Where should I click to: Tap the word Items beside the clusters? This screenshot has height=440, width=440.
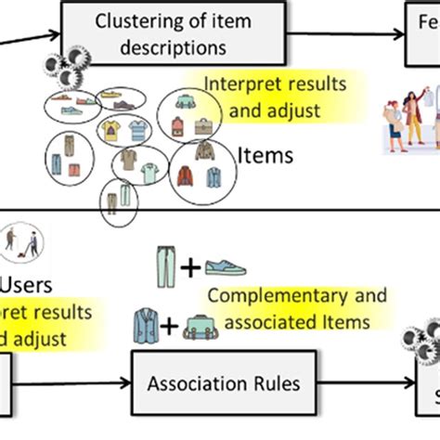click(x=265, y=155)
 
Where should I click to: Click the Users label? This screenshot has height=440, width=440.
click(x=27, y=281)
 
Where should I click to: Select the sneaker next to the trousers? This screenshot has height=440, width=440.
click(x=226, y=268)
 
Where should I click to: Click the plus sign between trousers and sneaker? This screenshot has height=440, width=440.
click(x=190, y=269)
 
